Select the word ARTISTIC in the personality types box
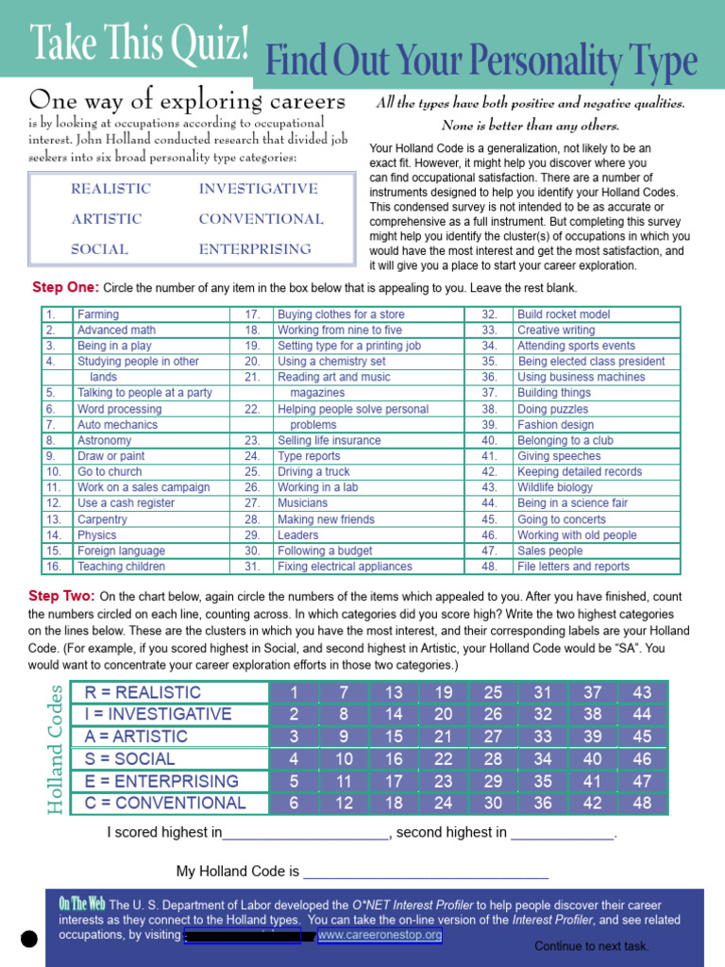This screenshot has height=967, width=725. coord(107,219)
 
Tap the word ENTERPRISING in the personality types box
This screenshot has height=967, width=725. coord(255,249)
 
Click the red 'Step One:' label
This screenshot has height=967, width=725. coord(64,287)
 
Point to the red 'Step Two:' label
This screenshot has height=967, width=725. coord(61,596)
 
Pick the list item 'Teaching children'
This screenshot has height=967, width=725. coord(121,567)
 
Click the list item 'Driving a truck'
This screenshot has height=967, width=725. coord(313,472)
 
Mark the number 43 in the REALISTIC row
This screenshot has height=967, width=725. coord(642,692)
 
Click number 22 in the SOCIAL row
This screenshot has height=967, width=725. coord(444,759)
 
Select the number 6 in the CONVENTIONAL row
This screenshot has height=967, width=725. coord(295,804)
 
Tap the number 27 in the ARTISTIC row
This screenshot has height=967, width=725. coord(493,737)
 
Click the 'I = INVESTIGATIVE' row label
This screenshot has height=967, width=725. coord(158,714)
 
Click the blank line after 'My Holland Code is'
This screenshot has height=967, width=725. coord(425,872)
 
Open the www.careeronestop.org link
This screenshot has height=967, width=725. coord(379,935)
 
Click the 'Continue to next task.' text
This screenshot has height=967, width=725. coord(591,946)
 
